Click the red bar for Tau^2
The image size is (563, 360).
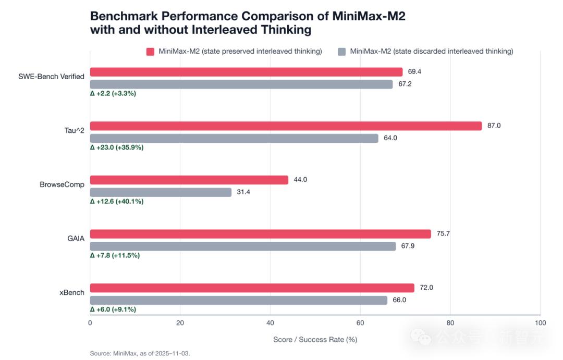click(x=286, y=126)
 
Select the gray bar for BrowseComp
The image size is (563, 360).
click(x=161, y=192)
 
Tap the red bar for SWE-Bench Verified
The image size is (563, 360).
click(x=246, y=72)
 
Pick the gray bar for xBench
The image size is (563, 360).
click(x=239, y=301)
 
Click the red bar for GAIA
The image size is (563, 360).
click(x=260, y=234)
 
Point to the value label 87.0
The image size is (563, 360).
click(x=494, y=126)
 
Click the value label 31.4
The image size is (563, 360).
click(x=243, y=192)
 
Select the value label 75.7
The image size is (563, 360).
click(x=443, y=233)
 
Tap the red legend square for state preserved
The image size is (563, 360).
click(x=151, y=52)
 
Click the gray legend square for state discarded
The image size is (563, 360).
click(x=342, y=52)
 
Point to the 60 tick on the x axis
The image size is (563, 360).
click(x=360, y=323)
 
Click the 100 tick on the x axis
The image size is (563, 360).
click(x=541, y=323)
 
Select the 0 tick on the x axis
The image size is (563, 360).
click(x=90, y=323)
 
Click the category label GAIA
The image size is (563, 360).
click(x=76, y=239)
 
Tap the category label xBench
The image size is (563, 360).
click(x=72, y=292)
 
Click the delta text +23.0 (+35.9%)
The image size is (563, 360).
click(x=117, y=147)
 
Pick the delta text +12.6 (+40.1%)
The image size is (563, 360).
click(x=117, y=201)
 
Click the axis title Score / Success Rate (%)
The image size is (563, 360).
click(x=315, y=340)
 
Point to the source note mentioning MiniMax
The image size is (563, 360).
click(x=140, y=354)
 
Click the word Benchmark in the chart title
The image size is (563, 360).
click(x=124, y=16)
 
